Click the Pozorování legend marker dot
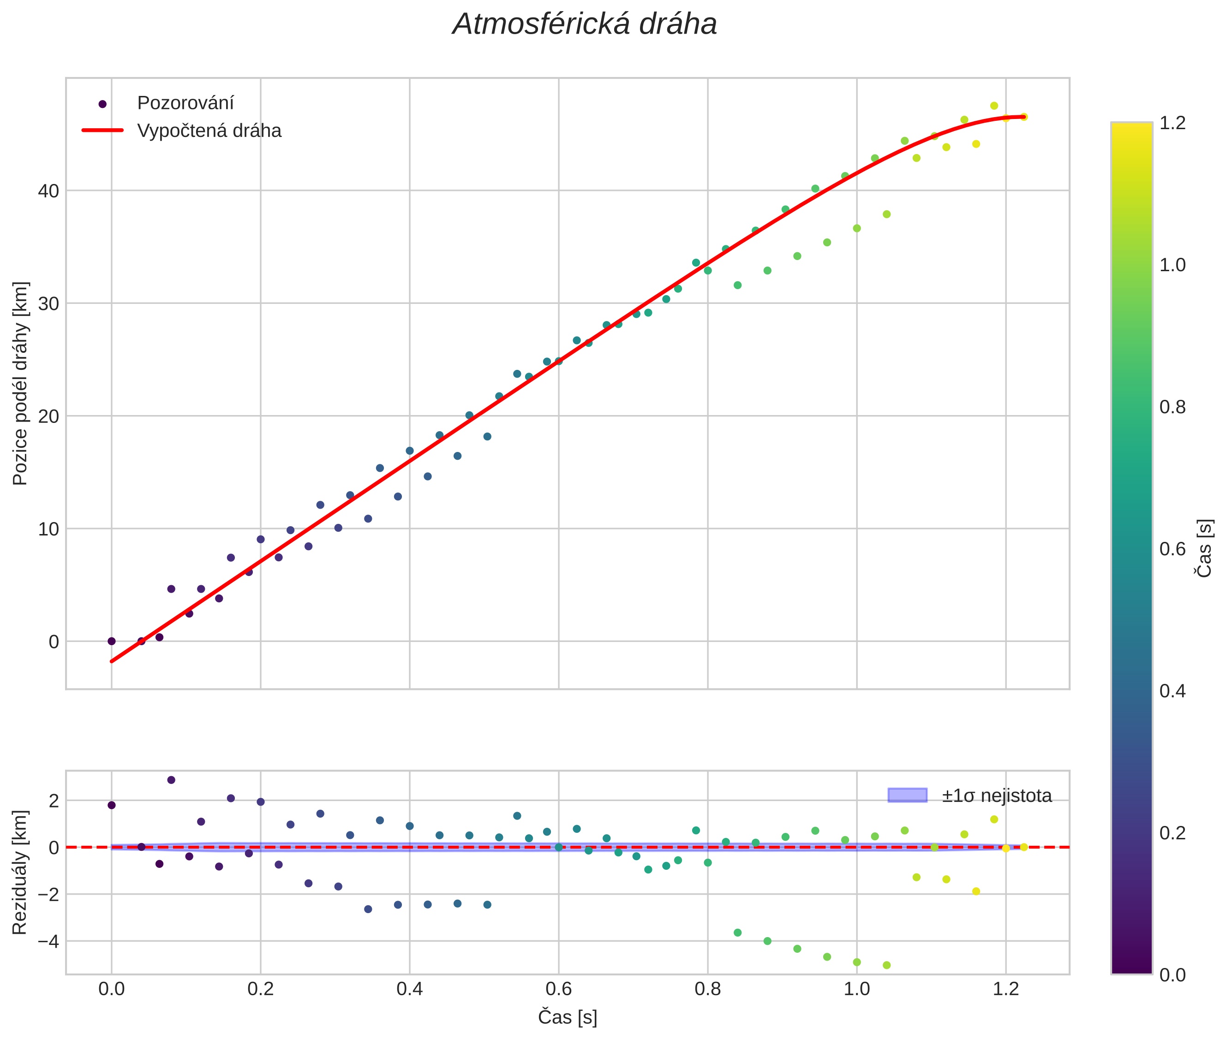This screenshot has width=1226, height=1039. click(x=102, y=104)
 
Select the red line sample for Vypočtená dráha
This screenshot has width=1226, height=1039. click(x=102, y=130)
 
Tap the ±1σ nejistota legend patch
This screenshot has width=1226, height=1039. click(x=907, y=795)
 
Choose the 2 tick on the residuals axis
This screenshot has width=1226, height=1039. click(x=54, y=801)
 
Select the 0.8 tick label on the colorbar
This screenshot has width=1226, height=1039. click(x=1172, y=407)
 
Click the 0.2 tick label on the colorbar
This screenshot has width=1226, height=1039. click(x=1172, y=833)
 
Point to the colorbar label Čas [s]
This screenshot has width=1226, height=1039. click(x=1205, y=548)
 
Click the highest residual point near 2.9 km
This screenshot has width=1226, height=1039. click(x=171, y=780)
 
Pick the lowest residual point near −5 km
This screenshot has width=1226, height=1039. click(x=886, y=965)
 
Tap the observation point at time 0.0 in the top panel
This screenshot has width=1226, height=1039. click(x=111, y=641)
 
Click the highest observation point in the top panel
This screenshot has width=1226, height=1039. click(x=994, y=106)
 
